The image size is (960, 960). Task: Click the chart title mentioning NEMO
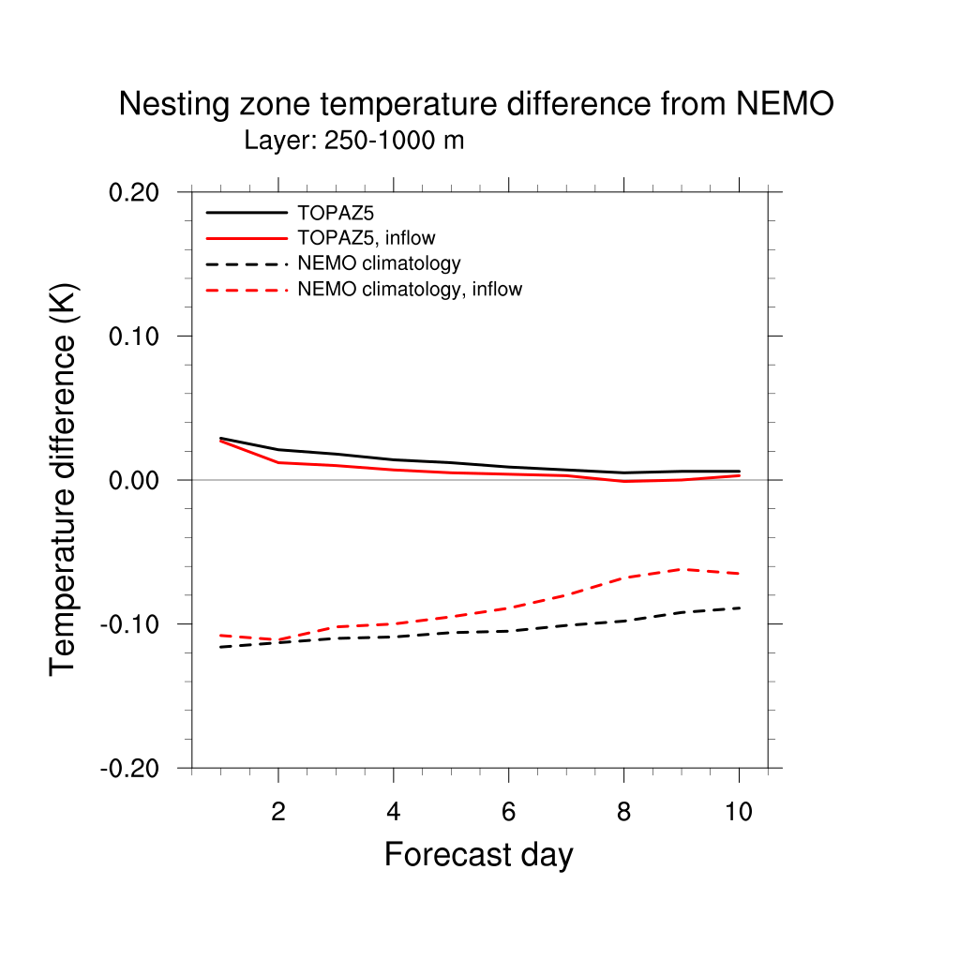tap(475, 105)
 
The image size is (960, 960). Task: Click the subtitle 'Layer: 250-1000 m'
tap(354, 142)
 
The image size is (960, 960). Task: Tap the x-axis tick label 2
tap(277, 812)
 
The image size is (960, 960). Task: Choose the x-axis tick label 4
tap(393, 812)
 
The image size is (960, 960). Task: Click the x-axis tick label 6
tap(508, 812)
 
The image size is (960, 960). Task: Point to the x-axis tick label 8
tap(623, 812)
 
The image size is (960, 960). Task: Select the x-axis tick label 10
tap(739, 812)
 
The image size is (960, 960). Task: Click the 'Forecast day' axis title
tap(478, 855)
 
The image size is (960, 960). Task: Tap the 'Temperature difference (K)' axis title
tap(64, 479)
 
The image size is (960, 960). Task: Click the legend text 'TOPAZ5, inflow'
tap(366, 237)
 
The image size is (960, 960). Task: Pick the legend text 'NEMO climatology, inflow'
tap(409, 290)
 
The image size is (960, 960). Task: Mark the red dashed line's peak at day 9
tap(682, 569)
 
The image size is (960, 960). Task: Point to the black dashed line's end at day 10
tap(739, 608)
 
